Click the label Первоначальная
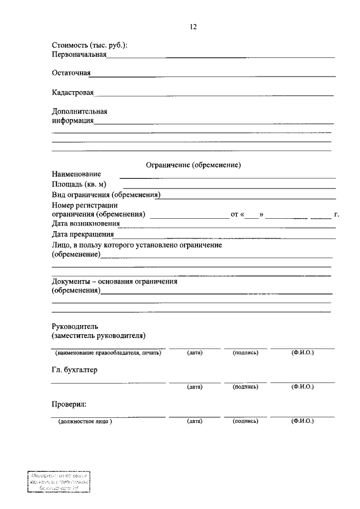[79, 55]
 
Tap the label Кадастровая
[73, 92]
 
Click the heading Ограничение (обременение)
[193, 165]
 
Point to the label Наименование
[76, 174]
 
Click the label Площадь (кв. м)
[79, 184]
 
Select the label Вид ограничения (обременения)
[106, 195]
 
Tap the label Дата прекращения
[83, 235]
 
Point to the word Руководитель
[75, 327]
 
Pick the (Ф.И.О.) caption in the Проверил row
[303, 421]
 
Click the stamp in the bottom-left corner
[59, 483]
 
